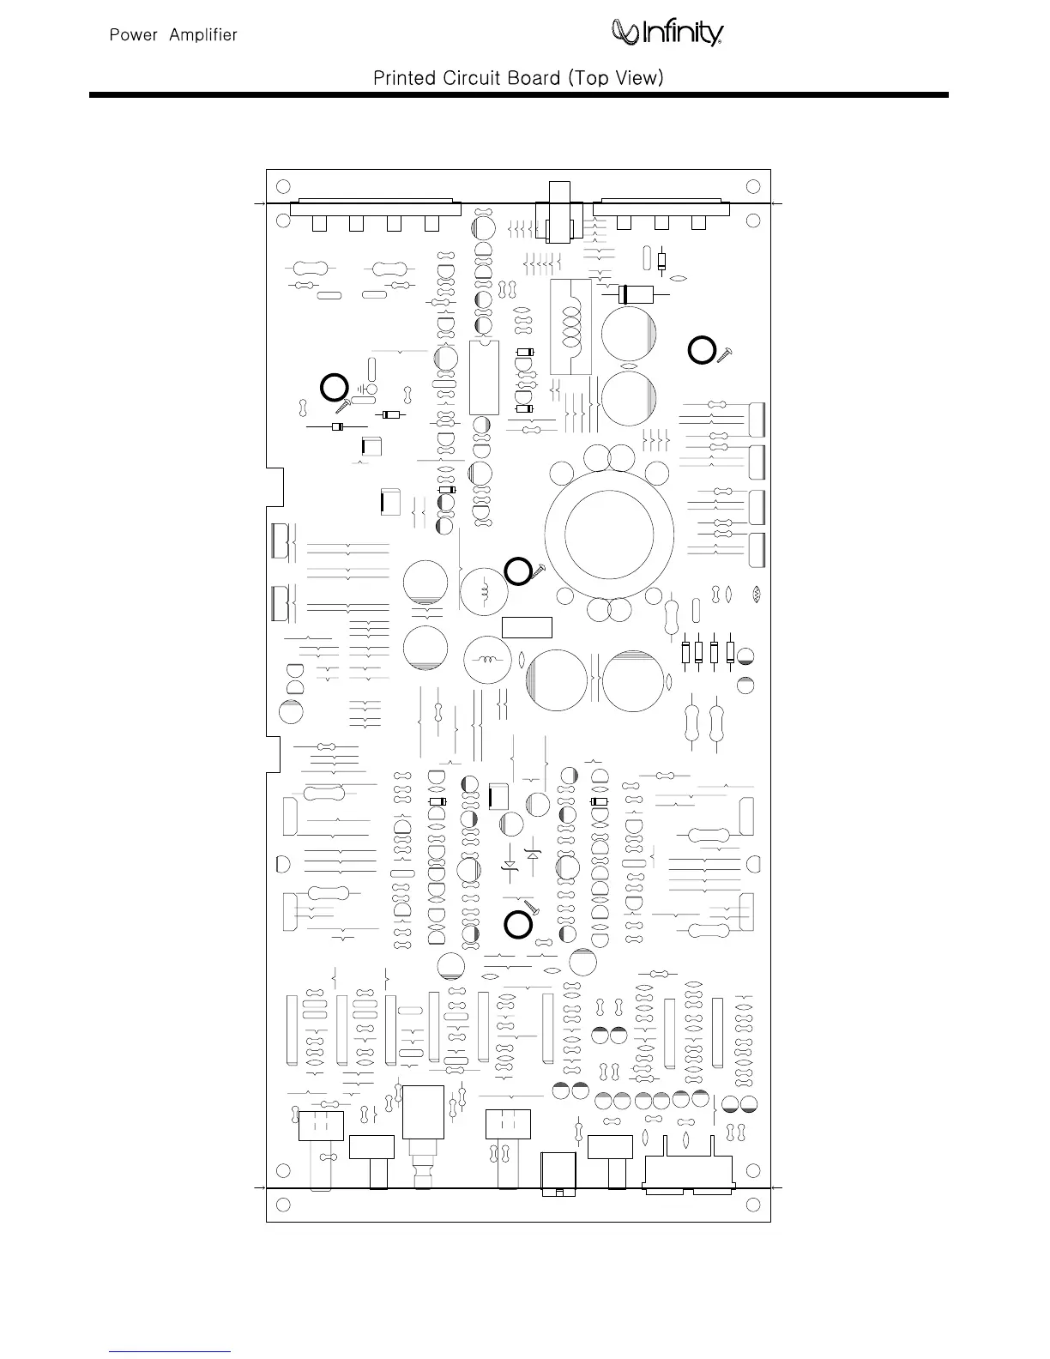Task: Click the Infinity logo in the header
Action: [x=667, y=33]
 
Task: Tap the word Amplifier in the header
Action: [x=203, y=35]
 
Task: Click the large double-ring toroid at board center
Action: [x=609, y=535]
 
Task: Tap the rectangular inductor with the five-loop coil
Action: [x=570, y=327]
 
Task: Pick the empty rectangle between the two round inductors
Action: [x=527, y=627]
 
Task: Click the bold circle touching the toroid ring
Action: [x=517, y=571]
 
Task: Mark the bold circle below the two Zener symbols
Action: [x=516, y=923]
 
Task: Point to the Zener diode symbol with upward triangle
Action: [x=534, y=854]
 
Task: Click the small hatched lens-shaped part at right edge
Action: [x=756, y=594]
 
